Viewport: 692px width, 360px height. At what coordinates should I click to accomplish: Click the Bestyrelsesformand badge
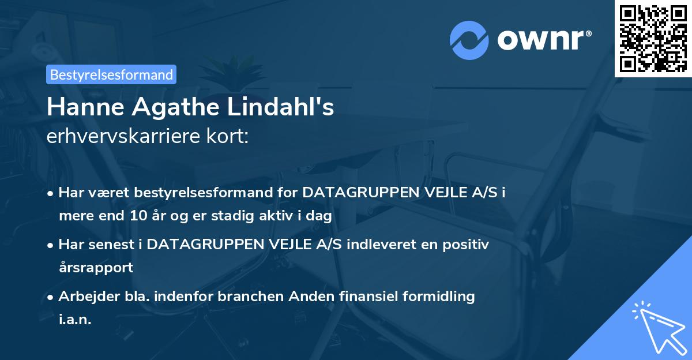click(111, 74)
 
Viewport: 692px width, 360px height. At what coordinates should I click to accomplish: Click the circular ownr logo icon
click(468, 40)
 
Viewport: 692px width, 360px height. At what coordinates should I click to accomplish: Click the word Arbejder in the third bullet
click(84, 297)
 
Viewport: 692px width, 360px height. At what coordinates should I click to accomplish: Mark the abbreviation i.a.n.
click(75, 319)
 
